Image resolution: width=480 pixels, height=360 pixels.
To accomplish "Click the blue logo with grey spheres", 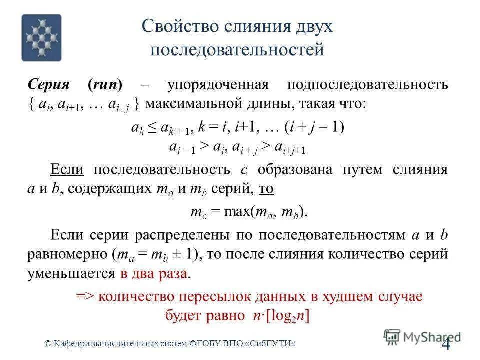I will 41,37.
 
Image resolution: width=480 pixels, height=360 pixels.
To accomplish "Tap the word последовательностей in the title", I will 237,50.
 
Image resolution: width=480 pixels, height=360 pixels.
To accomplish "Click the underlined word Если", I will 67,169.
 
